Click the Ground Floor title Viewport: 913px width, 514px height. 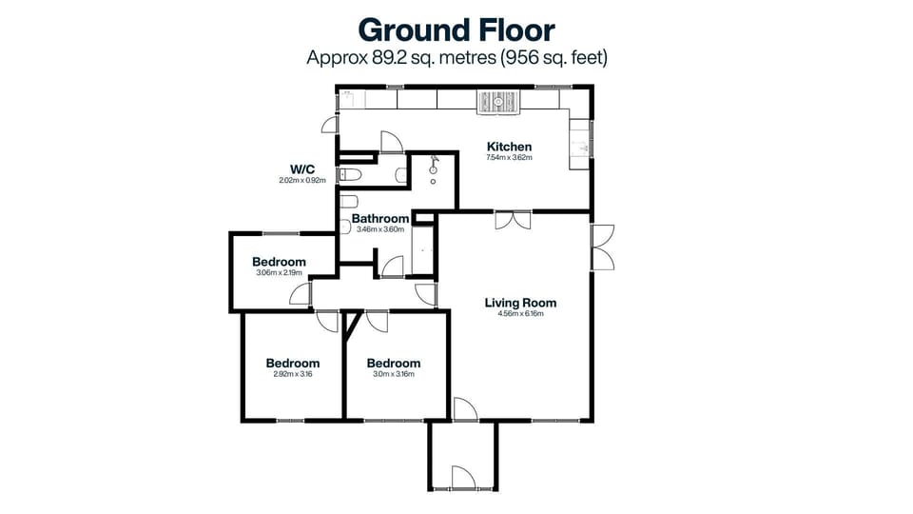point(456,30)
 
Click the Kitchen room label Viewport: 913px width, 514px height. point(509,147)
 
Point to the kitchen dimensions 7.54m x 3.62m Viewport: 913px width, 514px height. point(509,158)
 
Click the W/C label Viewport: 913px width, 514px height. point(302,169)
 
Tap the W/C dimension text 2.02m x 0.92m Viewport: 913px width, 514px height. point(302,180)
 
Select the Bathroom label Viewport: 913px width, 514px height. point(380,219)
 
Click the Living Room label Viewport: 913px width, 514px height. point(520,304)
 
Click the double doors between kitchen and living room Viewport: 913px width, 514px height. point(514,220)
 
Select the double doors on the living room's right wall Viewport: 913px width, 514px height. point(601,247)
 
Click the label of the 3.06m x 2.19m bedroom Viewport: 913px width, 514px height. point(279,263)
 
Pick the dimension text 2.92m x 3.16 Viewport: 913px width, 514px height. point(292,374)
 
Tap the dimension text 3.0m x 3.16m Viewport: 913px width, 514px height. point(393,374)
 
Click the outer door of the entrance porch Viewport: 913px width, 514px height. point(462,478)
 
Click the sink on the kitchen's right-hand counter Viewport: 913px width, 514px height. point(582,148)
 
